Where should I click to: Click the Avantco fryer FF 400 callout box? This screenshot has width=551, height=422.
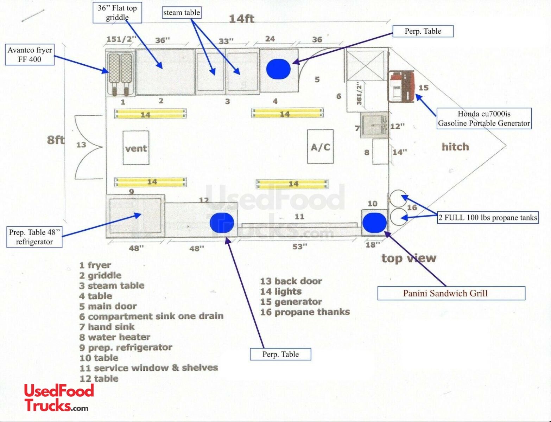[30, 55]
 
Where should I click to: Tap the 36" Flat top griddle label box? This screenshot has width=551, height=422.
[117, 13]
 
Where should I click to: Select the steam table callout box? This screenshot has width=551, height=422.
[182, 13]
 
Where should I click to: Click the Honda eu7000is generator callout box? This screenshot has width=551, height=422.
[484, 119]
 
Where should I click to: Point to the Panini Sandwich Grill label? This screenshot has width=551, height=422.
[451, 293]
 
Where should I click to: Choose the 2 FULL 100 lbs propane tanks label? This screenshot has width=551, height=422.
[488, 218]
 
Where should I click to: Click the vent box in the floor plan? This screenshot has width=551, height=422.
[136, 148]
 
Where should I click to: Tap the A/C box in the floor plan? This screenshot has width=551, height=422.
[320, 147]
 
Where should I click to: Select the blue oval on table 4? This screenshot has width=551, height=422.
[278, 69]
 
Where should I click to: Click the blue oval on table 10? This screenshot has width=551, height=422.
[374, 223]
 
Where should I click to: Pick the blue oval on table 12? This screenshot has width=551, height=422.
[222, 223]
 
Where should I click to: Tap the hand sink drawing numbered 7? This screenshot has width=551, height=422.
[374, 126]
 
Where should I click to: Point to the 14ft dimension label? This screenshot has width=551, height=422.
[241, 19]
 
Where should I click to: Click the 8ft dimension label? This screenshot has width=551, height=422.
[56, 140]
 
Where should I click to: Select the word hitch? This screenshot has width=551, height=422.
[455, 147]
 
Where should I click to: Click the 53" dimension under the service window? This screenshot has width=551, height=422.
[300, 247]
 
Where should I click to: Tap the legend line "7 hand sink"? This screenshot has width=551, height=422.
[107, 327]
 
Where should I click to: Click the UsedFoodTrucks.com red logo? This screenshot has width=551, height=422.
[59, 398]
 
